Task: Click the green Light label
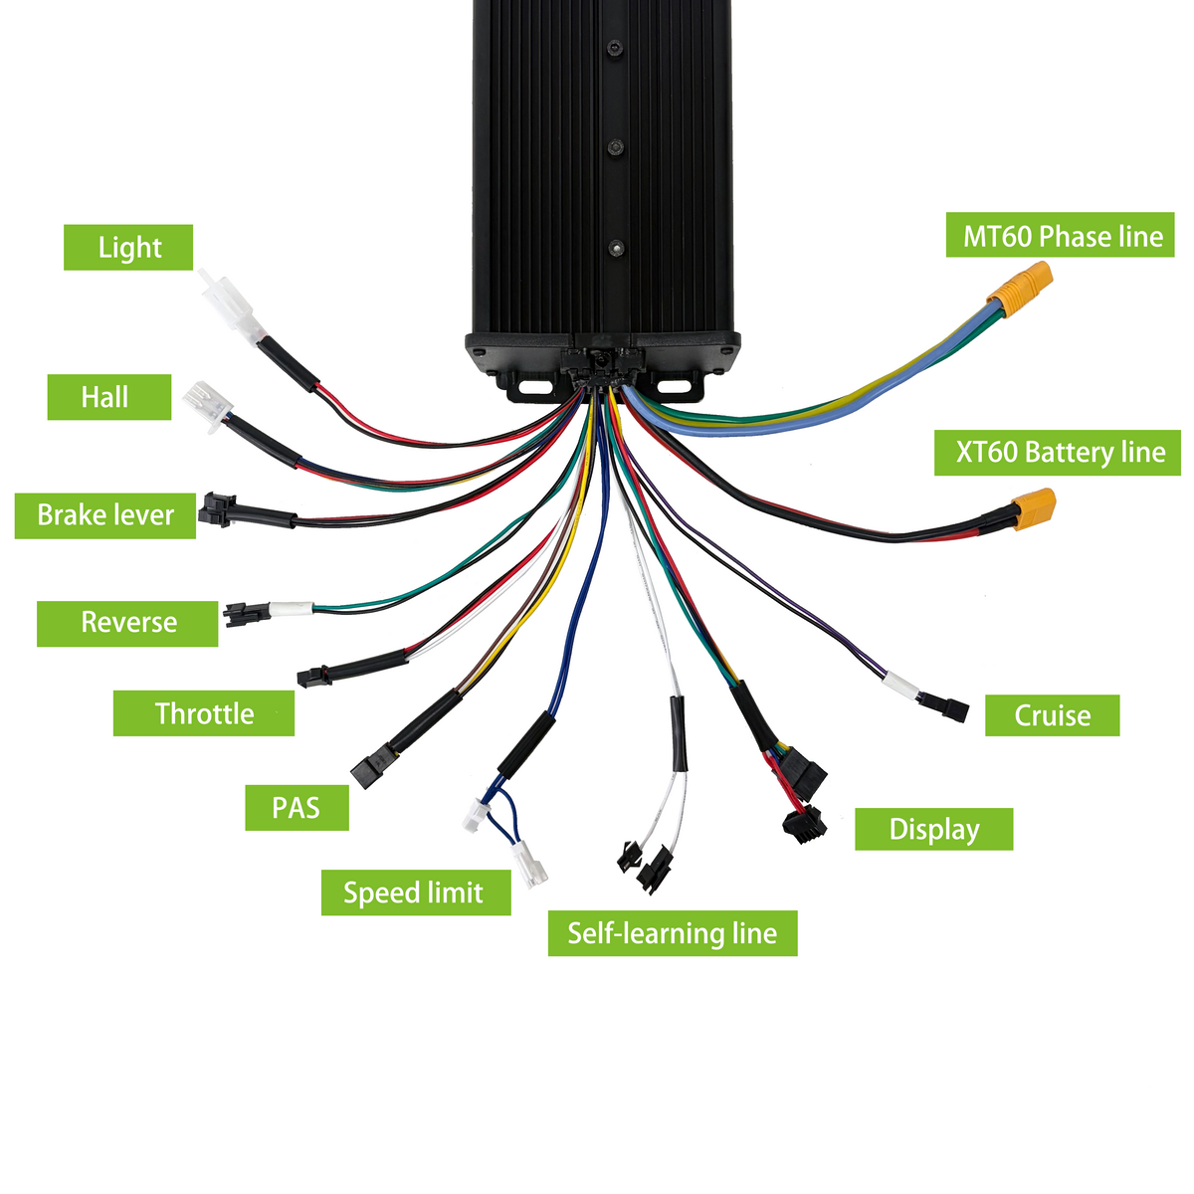[x=128, y=247]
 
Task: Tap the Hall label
[x=109, y=397]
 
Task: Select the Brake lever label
[x=105, y=515]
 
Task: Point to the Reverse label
[x=127, y=623]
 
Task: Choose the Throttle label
[x=204, y=713]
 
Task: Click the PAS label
[x=297, y=808]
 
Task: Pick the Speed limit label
[x=416, y=893]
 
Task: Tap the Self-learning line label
[x=673, y=933]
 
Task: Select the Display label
[x=934, y=830]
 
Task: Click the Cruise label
[x=1053, y=715]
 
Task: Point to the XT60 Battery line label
[x=1058, y=453]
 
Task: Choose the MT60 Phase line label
[x=1060, y=235]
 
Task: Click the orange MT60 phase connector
[x=1020, y=289]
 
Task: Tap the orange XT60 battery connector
[x=1034, y=508]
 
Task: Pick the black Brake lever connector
[x=217, y=510]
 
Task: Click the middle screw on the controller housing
[x=615, y=147]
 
